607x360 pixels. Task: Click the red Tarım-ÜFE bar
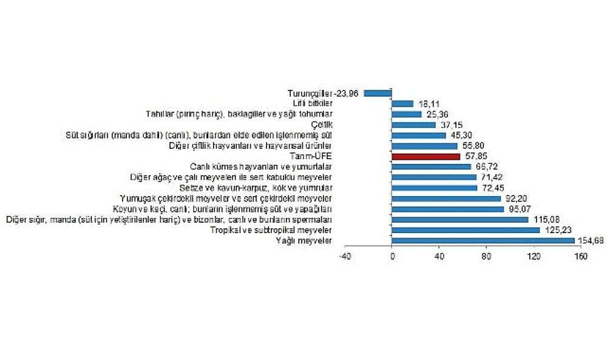point(426,156)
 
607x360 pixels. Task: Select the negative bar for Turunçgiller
point(378,93)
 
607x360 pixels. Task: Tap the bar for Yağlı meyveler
point(483,240)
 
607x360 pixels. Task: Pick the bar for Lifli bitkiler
point(403,104)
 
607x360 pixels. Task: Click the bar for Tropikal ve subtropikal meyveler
point(466,230)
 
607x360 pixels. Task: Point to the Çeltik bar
point(414,124)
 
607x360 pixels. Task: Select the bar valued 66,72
point(432,166)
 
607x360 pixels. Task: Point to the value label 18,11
point(429,104)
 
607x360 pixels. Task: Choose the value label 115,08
point(543,219)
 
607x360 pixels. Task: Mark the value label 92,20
point(515,198)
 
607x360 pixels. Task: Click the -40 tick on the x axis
point(345,257)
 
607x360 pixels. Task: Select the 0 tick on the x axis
point(392,257)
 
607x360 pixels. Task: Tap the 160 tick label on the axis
point(581,257)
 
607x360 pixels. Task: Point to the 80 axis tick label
point(487,257)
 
